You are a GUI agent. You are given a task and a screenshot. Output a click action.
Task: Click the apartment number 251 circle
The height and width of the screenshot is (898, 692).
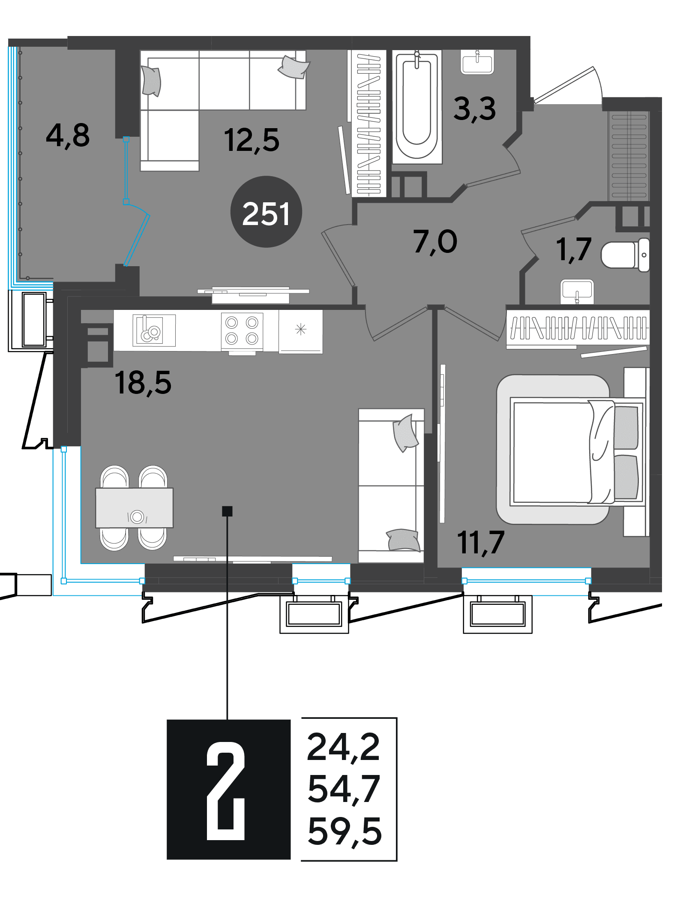(266, 212)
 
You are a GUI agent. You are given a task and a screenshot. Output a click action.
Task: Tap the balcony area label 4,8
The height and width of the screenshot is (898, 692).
(68, 135)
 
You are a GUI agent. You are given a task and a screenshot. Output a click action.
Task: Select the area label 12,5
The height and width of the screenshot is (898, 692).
(252, 140)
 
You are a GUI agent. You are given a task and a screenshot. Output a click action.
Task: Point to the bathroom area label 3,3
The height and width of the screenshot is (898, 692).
(475, 109)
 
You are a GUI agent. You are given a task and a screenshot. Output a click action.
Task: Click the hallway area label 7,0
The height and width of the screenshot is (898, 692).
(435, 242)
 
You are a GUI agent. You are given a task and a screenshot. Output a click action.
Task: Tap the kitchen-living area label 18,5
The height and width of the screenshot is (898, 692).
(143, 383)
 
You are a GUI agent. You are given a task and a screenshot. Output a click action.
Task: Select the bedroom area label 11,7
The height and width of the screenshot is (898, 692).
(481, 543)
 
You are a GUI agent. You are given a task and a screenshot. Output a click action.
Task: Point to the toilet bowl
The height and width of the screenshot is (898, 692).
(625, 255)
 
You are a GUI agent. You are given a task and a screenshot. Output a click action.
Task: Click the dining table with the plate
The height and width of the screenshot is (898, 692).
(135, 508)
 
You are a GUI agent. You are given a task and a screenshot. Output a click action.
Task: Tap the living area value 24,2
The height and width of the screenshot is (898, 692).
(344, 748)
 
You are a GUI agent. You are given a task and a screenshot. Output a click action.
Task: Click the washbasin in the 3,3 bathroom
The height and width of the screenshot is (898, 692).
(477, 62)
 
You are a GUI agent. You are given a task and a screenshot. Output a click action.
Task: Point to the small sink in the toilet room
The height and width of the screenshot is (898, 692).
(577, 291)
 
